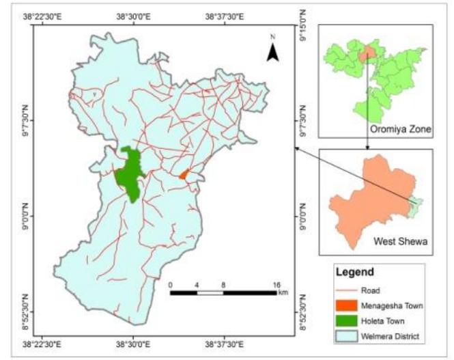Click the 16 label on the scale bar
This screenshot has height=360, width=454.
(x=276, y=283)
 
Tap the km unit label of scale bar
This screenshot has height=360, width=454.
(x=282, y=292)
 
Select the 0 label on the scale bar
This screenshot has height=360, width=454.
(x=170, y=283)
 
